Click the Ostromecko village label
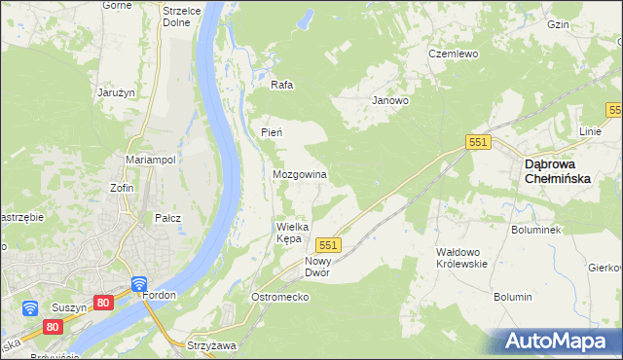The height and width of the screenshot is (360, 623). coord(279,296)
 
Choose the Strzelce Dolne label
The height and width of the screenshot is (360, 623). coord(181,15)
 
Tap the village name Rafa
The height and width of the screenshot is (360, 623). coord(282,85)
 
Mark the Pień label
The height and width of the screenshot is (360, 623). coord(271,131)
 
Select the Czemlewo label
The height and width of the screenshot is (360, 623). coord(454,54)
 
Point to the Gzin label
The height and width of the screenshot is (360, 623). coord(585,24)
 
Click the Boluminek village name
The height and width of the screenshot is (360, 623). coord(534,231)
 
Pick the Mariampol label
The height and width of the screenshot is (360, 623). coord(150,159)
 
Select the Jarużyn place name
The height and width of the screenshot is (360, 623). coord(115,92)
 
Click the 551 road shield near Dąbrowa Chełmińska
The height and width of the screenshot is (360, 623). coord(477,142)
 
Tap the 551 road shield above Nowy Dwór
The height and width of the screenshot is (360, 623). coord(327,245)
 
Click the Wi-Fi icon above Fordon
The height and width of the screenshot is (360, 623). coord(139,284)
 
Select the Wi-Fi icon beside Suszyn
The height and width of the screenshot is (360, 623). coord(30,308)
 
